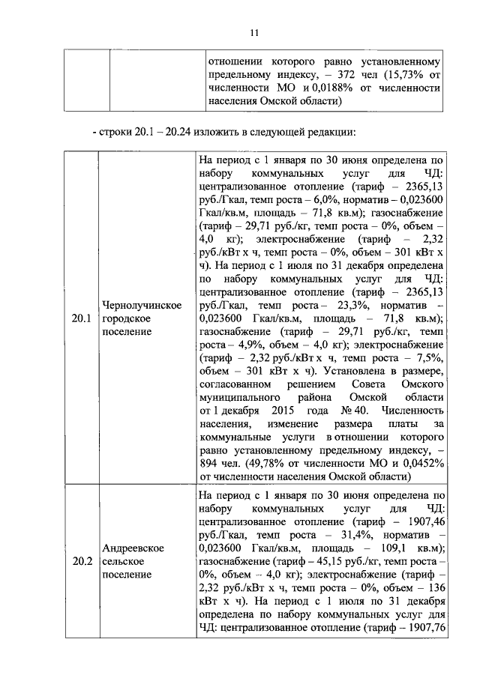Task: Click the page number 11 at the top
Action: [253, 33]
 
